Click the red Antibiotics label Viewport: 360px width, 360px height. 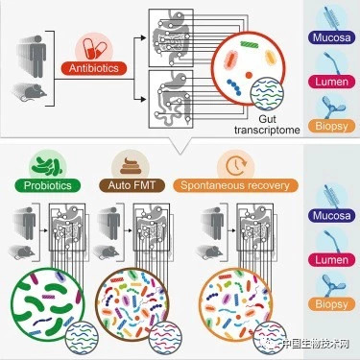98,69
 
